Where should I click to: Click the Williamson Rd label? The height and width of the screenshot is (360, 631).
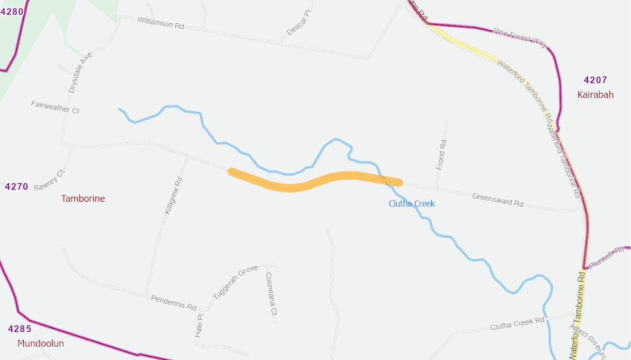161,22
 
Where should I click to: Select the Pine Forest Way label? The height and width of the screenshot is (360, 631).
519,38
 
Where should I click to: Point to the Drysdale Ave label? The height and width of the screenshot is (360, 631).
81,73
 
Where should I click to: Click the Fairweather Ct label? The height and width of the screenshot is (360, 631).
55,107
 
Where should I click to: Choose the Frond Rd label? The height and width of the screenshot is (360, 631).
441,155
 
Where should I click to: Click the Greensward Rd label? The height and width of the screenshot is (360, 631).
497,200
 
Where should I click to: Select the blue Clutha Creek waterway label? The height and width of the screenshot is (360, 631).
412,204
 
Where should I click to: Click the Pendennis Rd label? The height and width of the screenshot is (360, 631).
174,303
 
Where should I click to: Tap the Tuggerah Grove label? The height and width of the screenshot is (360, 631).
235,282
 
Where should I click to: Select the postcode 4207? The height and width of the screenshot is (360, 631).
596,80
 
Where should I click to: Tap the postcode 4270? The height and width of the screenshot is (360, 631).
16,187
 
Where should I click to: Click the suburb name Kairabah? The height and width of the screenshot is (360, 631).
596,95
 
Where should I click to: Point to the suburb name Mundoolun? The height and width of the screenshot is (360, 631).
41,344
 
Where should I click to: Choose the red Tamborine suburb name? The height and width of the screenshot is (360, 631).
83,199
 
